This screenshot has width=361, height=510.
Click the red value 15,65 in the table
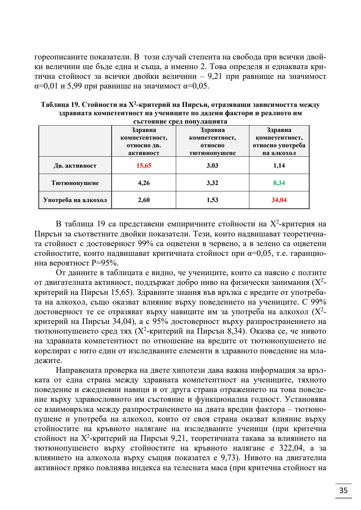[144, 166]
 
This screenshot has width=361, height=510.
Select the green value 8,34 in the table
[279, 183]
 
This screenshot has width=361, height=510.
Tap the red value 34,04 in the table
[279, 200]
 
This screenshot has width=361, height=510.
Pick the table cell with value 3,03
[212, 166]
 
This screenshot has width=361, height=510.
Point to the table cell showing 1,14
[279, 166]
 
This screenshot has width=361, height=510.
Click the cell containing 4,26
[144, 183]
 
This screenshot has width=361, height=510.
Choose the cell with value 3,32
[212, 183]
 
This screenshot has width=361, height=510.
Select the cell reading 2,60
[144, 200]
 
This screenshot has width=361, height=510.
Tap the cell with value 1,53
[212, 200]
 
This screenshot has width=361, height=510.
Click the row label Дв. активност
[75, 166]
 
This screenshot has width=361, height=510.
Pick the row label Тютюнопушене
[75, 183]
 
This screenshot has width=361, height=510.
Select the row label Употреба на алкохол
[75, 200]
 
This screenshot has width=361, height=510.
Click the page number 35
[343, 490]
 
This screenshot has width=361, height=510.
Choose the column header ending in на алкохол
[279, 141]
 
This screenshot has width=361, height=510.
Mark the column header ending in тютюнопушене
[212, 141]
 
